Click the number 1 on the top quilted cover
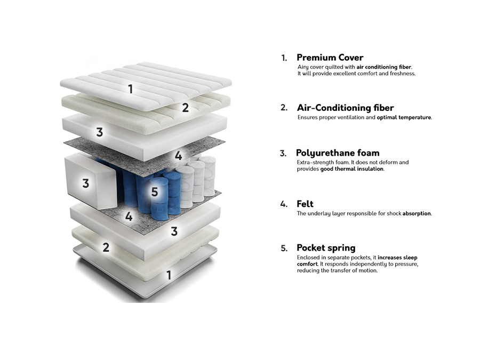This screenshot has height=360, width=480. pos(130,89)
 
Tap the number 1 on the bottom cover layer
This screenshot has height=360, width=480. pos(169,275)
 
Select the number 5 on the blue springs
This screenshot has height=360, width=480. pos(155,191)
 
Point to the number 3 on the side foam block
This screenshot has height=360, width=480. pos(85,183)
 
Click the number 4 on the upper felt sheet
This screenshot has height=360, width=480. pos(178,156)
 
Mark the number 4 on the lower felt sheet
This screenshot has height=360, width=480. pos(129,217)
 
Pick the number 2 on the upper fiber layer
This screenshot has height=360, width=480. pos(185,107)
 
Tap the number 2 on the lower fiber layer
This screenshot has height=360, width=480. pos(106,247)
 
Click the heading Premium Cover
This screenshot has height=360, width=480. pos(330,57)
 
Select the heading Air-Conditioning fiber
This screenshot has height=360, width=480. pos(345,108)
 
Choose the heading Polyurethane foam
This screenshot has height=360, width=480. pos(338,153)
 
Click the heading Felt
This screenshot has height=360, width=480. pos(305,204)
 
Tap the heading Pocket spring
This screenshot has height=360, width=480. pos(326,248)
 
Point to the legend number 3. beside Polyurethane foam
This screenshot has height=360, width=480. pos(284,154)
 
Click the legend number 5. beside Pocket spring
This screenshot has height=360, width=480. pos(284,248)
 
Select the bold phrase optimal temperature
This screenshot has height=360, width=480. pos(404,117)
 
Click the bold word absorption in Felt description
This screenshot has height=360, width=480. pos(417,213)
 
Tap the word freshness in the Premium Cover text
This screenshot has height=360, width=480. pos(401,74)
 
